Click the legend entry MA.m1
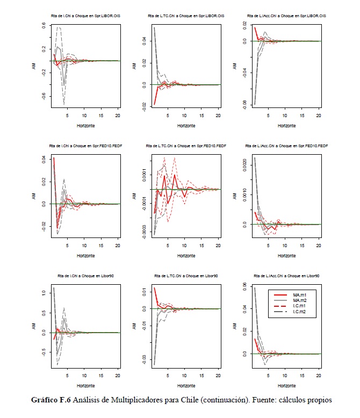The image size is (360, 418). click(x=299, y=295)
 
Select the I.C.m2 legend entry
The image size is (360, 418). click(x=299, y=313)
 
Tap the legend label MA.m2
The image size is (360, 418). click(x=299, y=301)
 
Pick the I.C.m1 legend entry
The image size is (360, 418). click(x=299, y=307)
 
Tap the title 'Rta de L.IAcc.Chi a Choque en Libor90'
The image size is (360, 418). click(x=280, y=276)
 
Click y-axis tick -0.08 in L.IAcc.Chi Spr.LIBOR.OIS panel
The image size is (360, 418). click(x=244, y=104)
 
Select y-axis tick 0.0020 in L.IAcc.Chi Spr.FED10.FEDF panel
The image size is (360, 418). click(x=244, y=162)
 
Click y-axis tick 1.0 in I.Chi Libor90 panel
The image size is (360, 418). click(x=44, y=293)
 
